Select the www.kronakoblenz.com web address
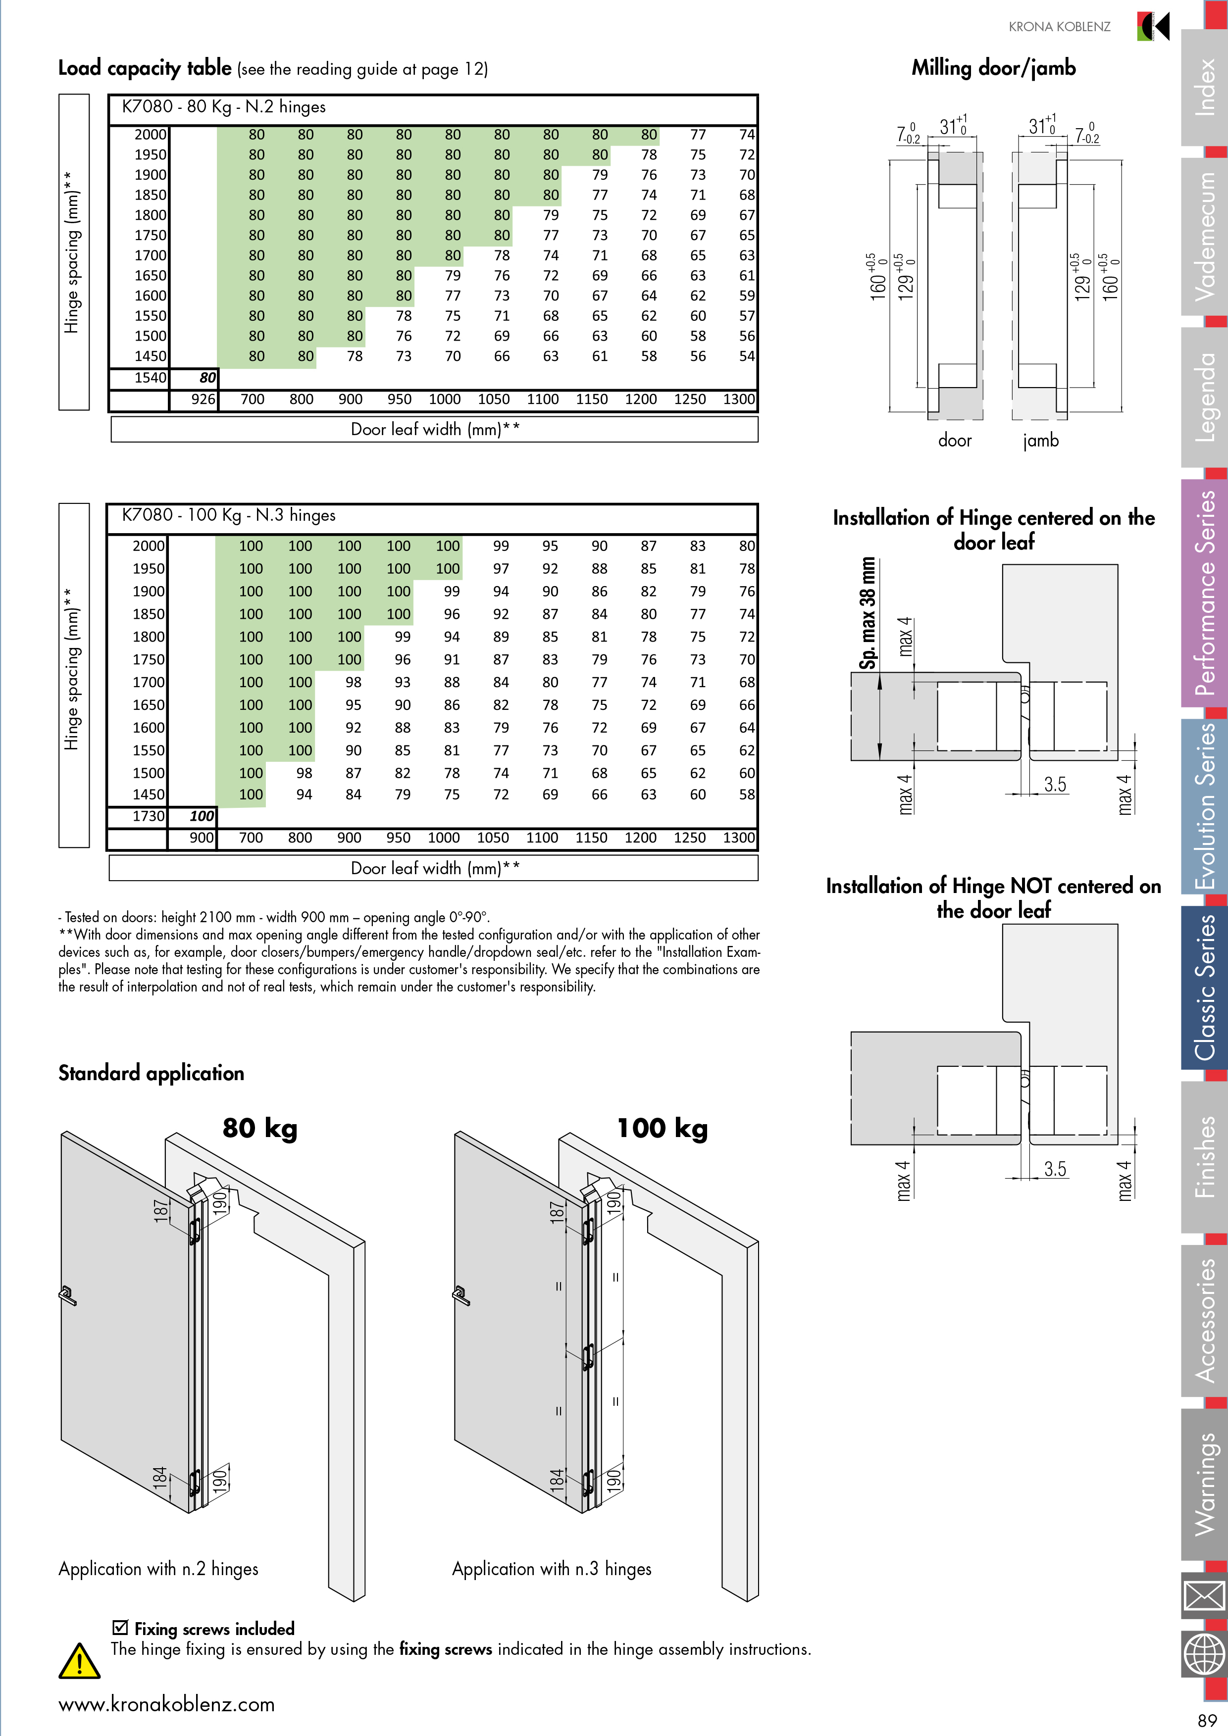pyautogui.click(x=166, y=1704)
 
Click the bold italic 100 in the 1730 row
pyautogui.click(x=202, y=816)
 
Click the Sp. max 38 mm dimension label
pyautogui.click(x=868, y=613)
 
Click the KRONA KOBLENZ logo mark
pyautogui.click(x=1154, y=26)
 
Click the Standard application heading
pyautogui.click(x=151, y=1073)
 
